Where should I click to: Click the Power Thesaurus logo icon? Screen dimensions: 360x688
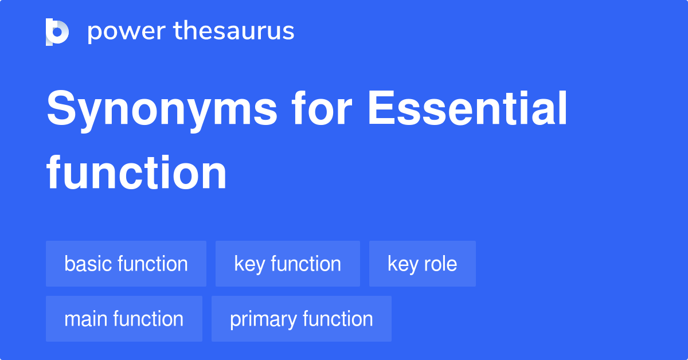57,32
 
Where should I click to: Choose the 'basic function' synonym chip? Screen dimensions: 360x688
126,264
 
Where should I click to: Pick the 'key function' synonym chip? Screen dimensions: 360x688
287,264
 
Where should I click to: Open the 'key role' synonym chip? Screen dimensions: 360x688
422,264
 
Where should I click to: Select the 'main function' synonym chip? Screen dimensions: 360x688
124,319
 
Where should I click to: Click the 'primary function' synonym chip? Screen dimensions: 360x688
301,319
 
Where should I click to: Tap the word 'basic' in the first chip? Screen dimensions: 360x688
88,264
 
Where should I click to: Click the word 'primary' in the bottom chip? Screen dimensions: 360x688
263,319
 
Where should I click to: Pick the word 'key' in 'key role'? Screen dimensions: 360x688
402,264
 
